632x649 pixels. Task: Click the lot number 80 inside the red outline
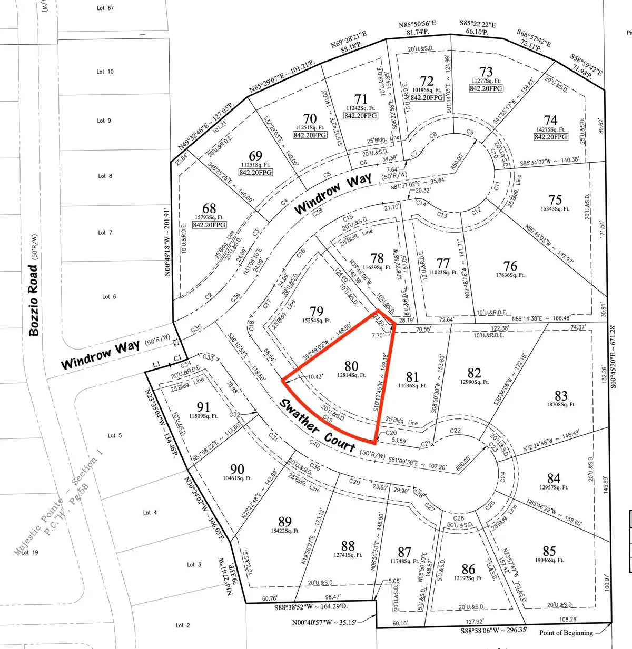(x=351, y=366)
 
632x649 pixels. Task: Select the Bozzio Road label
(x=34, y=300)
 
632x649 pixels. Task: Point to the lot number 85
(x=549, y=551)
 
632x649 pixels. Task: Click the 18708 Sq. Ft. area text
(x=561, y=405)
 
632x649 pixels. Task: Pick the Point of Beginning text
(x=566, y=633)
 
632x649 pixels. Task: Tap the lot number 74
(x=550, y=121)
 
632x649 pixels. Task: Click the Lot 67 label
(x=105, y=8)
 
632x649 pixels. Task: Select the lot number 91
(x=203, y=407)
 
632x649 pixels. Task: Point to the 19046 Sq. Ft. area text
(x=549, y=560)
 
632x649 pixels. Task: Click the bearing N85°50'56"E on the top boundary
(x=417, y=25)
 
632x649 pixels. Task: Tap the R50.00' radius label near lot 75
(x=458, y=160)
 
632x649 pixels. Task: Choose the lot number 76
(x=510, y=266)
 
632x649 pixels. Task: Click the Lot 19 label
(x=29, y=552)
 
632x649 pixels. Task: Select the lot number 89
(x=284, y=521)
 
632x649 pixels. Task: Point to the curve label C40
(x=314, y=444)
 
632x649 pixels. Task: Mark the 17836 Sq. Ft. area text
(x=510, y=275)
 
